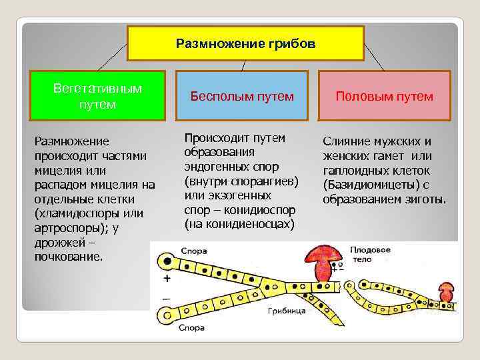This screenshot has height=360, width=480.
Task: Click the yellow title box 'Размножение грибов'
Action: pos(245,43)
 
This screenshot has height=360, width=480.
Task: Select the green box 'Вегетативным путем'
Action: pos(97,96)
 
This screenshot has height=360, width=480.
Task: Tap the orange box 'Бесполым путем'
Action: pos(242,96)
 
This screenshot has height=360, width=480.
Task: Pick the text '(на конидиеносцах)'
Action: pos(239,224)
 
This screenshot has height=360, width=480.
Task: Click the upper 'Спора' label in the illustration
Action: pos(193,251)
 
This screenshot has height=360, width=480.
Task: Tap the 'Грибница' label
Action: pos(287,311)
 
